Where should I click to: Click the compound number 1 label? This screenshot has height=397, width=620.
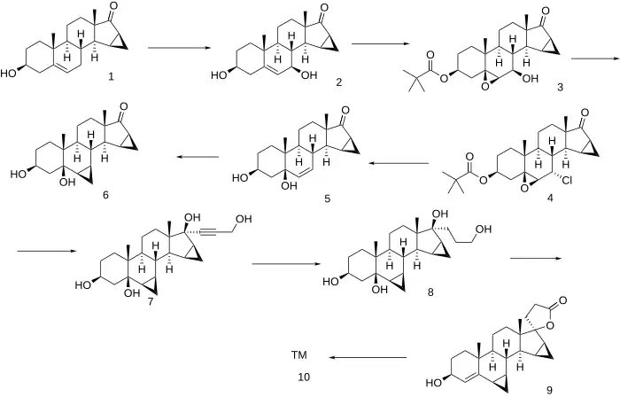[x=110, y=78]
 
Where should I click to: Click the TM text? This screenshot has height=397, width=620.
[x=300, y=355]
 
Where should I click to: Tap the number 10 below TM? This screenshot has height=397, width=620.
[x=301, y=378]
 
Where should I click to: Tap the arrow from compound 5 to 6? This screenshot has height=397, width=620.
[x=196, y=158]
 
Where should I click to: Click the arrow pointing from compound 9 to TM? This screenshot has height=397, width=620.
[x=369, y=358]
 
